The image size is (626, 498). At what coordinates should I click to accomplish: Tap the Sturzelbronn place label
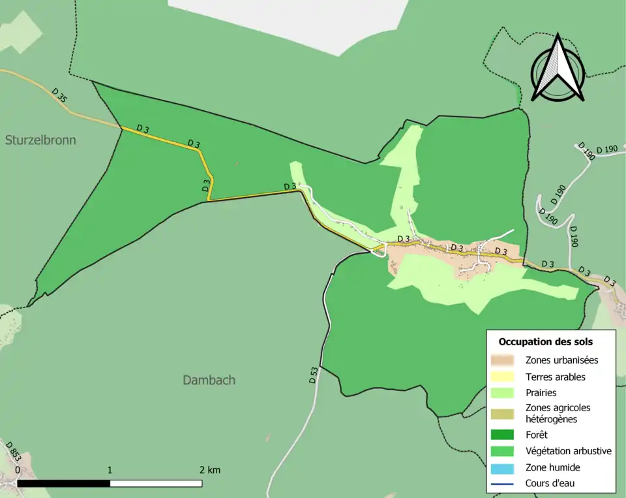click(40, 140)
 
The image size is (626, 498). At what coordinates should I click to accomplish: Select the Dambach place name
click(209, 380)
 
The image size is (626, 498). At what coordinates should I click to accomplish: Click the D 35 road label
click(59, 95)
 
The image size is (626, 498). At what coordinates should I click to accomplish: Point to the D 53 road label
click(314, 375)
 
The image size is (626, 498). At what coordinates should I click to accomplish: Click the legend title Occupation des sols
click(545, 341)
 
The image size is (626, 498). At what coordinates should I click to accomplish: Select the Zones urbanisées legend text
click(561, 360)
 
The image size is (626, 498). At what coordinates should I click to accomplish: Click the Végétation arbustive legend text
click(568, 450)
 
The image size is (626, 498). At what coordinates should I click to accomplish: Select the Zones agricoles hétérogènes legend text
click(558, 413)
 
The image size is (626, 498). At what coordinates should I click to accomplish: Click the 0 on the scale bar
click(17, 471)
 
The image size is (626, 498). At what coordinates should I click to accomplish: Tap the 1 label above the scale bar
click(110, 470)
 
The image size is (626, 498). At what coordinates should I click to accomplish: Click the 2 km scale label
click(209, 470)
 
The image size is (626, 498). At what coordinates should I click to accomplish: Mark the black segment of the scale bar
click(63, 484)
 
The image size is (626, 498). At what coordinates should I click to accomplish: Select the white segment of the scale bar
click(155, 484)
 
